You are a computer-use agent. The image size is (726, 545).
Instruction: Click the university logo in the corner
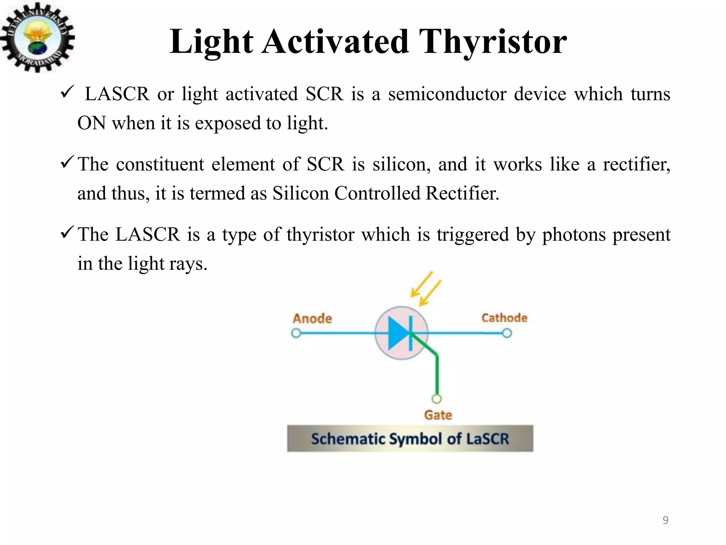click(37, 37)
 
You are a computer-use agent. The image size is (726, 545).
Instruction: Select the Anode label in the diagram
click(312, 319)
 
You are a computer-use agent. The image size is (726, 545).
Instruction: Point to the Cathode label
click(504, 318)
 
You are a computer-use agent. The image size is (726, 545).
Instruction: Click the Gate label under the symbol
click(438, 415)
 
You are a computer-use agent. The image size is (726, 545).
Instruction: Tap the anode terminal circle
click(296, 334)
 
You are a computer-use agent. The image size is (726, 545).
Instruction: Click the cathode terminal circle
click(507, 333)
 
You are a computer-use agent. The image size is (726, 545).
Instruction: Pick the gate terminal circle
click(437, 399)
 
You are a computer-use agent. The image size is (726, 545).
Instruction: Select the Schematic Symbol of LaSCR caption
click(410, 439)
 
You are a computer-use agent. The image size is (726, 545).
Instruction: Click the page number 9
click(665, 520)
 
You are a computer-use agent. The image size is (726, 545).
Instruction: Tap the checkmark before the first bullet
click(67, 93)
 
